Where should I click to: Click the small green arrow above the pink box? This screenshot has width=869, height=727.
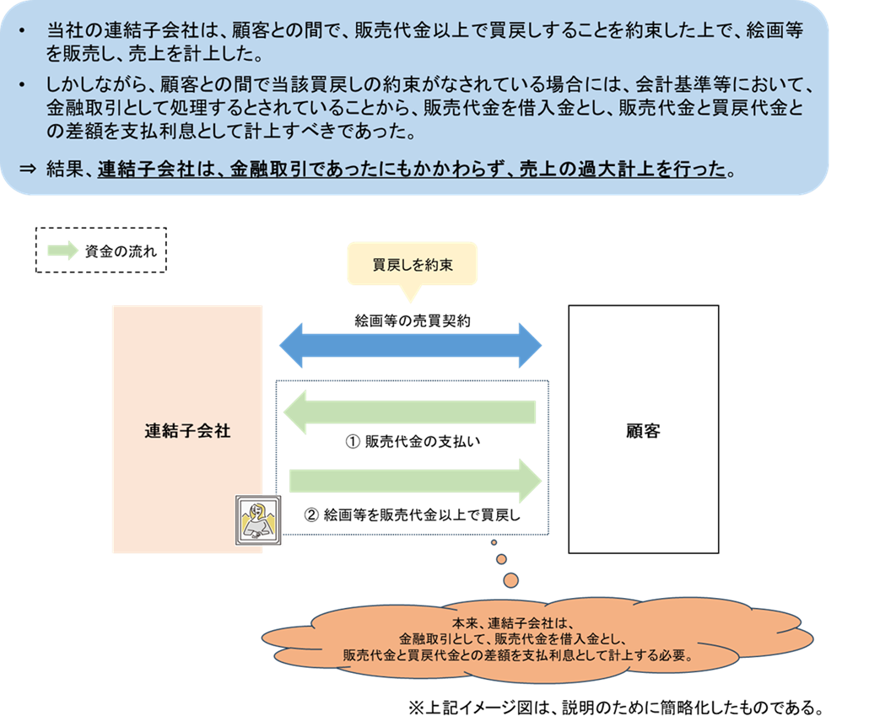[62, 250]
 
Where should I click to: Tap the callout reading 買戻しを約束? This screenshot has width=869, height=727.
[413, 265]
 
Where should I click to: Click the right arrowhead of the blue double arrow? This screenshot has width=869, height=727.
[529, 345]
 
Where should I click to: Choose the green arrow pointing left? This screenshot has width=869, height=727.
[410, 412]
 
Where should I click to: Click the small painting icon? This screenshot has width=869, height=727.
[259, 520]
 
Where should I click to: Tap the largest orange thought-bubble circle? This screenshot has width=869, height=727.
[510, 580]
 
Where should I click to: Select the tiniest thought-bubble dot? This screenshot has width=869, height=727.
[494, 542]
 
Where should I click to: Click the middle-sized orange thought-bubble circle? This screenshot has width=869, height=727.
[501, 559]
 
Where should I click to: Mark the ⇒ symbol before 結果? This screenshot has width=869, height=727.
[28, 168]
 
